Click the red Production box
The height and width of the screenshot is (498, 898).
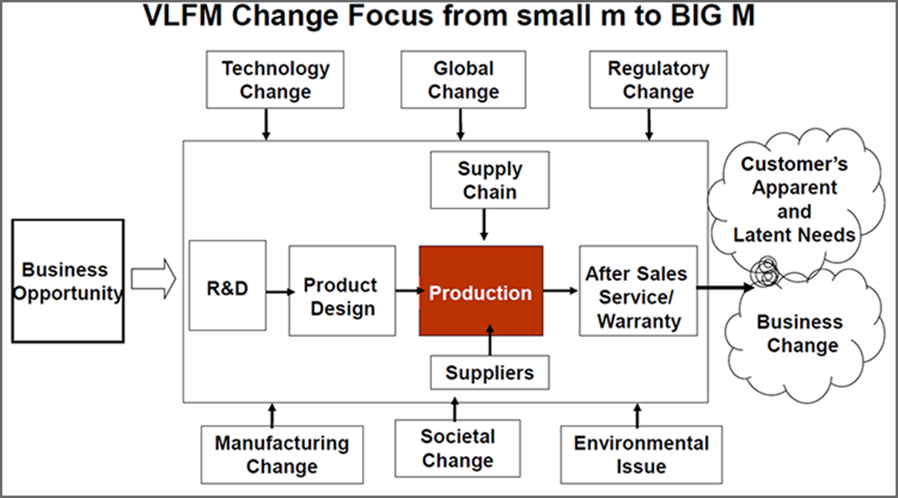481,291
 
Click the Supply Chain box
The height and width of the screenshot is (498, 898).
490,181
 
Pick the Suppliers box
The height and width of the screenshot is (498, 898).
490,373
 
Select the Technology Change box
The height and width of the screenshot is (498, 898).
275,80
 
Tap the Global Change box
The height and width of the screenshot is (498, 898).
463,80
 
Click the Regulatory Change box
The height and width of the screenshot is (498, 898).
658,80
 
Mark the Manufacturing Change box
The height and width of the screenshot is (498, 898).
281,455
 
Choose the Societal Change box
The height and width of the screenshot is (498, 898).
457,448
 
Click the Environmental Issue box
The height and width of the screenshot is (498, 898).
641,454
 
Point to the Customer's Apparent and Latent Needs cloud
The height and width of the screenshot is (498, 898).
793,199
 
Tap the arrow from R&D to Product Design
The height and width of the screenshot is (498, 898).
277,290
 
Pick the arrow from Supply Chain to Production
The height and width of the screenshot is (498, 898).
485,224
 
